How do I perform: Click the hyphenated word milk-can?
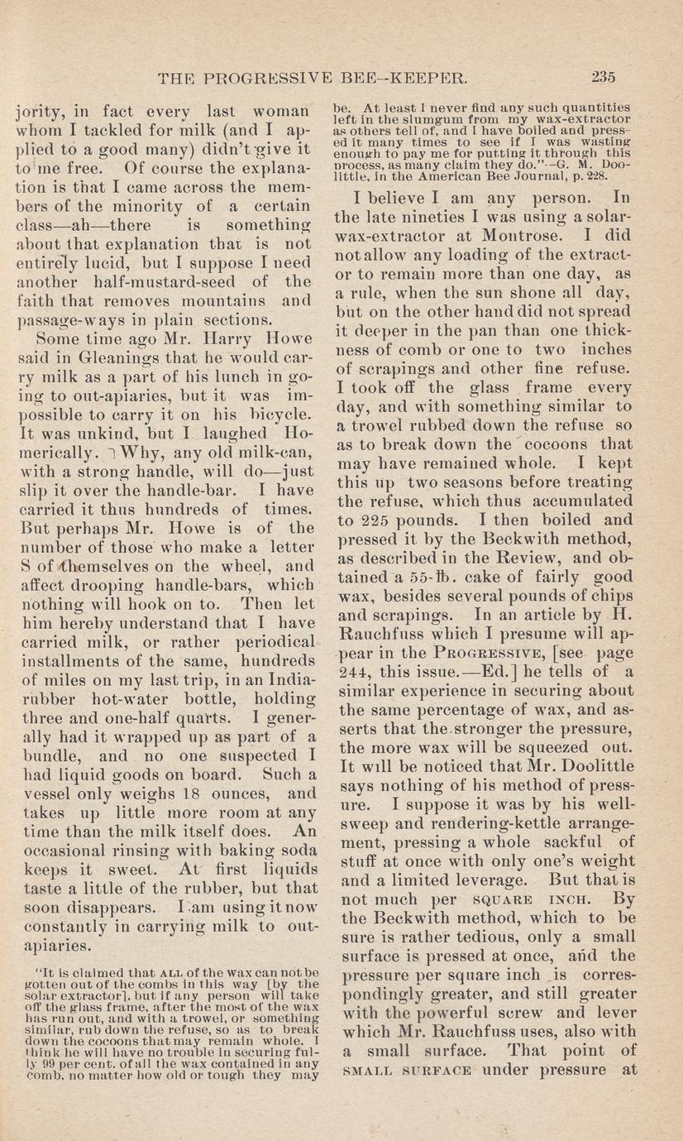[269, 451]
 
